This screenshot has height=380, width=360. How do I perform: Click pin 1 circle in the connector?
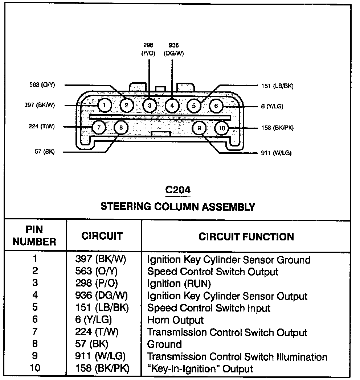tap(104, 106)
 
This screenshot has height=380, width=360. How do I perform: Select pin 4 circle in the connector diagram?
tap(172, 106)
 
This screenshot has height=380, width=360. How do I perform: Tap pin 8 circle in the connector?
tap(121, 128)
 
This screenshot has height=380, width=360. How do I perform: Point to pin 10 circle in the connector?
tap(222, 128)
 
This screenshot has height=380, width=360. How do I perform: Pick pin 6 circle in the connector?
tap(216, 106)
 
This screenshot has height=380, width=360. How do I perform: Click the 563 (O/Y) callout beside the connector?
tap(42, 85)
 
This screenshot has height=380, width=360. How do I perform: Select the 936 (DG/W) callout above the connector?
tap(174, 49)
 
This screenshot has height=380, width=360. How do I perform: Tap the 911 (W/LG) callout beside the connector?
tap(276, 153)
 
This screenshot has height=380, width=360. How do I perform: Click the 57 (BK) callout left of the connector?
tap(45, 152)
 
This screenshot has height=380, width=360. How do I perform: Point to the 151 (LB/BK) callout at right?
tap(277, 86)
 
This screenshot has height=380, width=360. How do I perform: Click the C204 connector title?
tap(177, 190)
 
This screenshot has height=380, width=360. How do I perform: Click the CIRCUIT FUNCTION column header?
tap(246, 237)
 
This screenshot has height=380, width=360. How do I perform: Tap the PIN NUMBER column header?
tap(35, 236)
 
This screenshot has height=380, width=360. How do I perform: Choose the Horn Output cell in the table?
tap(175, 320)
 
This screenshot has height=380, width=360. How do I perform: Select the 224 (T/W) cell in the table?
tap(97, 332)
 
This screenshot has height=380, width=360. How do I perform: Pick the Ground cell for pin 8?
tap(164, 344)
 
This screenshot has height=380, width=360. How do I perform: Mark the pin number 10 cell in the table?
tap(35, 368)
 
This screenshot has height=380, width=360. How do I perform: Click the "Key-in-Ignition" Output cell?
tap(200, 369)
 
